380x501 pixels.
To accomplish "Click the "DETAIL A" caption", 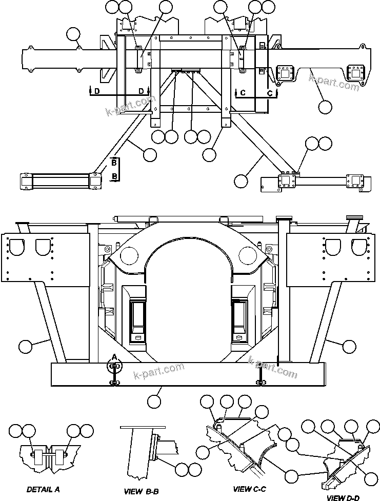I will click(x=43, y=489).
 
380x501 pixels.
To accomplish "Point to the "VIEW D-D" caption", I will click(x=343, y=497).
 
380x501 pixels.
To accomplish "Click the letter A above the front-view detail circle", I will click(x=114, y=356).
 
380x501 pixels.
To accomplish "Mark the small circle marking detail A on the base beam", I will click(x=114, y=366).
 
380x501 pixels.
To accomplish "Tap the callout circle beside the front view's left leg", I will click(x=25, y=347).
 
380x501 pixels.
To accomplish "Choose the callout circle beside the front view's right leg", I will click(x=349, y=347).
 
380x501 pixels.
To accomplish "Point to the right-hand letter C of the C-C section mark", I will click(x=270, y=93).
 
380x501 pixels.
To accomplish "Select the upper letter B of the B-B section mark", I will click(x=114, y=163).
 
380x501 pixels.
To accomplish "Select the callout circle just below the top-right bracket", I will click(x=325, y=107).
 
